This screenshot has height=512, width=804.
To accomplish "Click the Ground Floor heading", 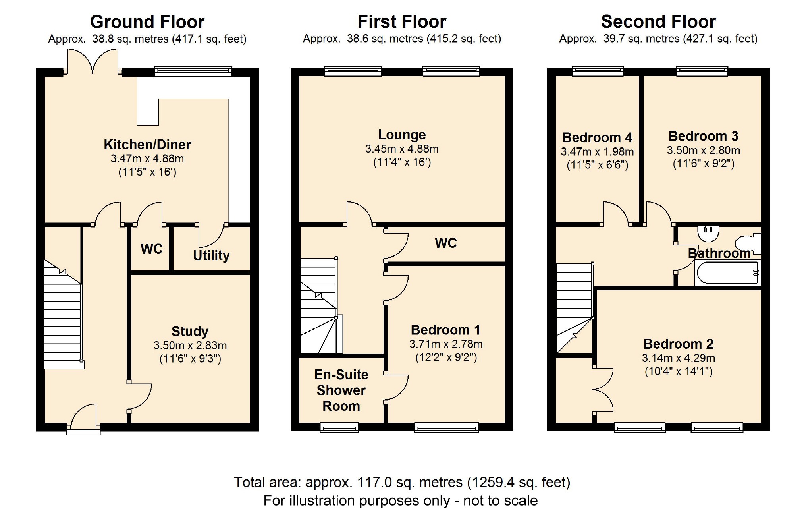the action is coord(147,22).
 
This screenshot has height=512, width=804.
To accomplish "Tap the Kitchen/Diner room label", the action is coord(147,145).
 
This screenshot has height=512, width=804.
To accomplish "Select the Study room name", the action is coord(190,331).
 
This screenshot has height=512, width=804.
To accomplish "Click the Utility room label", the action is coord(211,255).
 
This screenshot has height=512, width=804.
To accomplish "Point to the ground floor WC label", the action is coord(151,249).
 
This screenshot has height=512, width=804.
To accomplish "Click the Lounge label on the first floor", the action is coord(402,135).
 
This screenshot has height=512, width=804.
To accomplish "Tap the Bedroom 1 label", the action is coord(445,330).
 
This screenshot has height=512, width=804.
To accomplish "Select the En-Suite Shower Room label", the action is coord(341,390).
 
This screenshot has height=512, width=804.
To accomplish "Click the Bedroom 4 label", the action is coord(597,137).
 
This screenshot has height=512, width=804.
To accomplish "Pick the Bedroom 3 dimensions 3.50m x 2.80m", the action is coord(703,151).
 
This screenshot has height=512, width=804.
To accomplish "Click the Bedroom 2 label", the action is coord(678,344).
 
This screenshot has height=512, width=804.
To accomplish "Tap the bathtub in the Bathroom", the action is coord(727,273).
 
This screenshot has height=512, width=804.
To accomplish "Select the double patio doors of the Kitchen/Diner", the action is coord(93,62).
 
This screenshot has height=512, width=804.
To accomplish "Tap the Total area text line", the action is coord(402,482).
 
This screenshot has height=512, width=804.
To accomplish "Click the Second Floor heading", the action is coord(658,22).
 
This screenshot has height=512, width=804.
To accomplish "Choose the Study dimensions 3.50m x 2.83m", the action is coord(190,346).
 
